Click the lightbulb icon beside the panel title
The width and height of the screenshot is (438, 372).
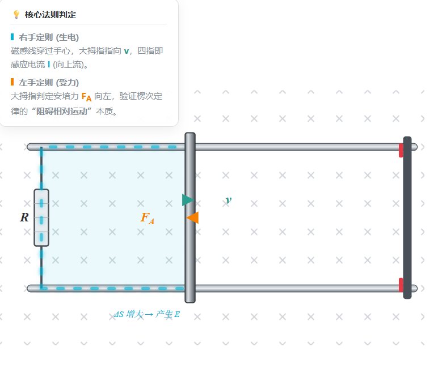[16, 14]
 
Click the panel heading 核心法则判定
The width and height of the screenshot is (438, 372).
[50, 15]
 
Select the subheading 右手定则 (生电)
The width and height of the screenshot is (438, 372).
[49, 37]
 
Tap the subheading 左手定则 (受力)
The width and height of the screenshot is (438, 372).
[49, 82]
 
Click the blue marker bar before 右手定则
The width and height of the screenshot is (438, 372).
[12, 37]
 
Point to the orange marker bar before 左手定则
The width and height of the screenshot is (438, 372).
[12, 82]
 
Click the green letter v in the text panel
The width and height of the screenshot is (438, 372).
[127, 52]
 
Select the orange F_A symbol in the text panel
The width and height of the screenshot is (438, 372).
[86, 97]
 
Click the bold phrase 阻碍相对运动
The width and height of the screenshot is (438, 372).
[62, 112]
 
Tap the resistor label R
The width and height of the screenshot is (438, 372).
[24, 217]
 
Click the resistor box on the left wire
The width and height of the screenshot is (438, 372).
[41, 218]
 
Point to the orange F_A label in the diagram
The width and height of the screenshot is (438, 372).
[147, 218]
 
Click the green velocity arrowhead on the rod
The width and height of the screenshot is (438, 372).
[188, 200]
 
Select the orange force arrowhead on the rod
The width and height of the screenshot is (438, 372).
[192, 217]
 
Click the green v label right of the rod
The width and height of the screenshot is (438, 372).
[229, 200]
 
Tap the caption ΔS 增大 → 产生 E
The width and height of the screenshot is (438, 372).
[147, 314]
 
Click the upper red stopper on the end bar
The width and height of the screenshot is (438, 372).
[401, 150]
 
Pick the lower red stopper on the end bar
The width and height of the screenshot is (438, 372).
[401, 285]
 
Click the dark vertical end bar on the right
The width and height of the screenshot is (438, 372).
[407, 217]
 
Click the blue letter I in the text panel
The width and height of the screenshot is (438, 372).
[49, 65]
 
